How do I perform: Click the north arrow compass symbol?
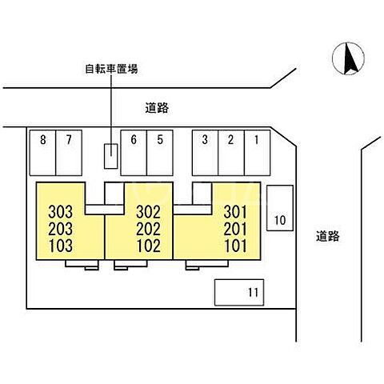coord(348,58)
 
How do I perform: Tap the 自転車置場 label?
coord(111,69)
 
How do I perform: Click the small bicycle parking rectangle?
coord(110,156)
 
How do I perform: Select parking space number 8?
coord(42,153)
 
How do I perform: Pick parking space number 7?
coord(69,153)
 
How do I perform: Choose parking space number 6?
coord(134,153)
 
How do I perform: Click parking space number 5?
coord(160,153)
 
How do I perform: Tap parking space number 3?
coord(205,153)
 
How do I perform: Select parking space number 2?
coord(231,153)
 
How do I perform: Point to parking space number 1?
coord(257,153)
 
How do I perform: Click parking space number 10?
coord(280,208)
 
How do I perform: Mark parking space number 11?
coord(239,292)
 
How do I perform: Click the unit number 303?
coord(61,212)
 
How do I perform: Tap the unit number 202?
coord(149,229)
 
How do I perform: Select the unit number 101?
coord(235,246)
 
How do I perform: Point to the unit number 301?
coord(235,212)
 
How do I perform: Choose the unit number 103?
coord(61,246)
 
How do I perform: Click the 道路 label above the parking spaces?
coord(157,108)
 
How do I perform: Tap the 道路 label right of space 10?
coord(328,236)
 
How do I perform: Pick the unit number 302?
coord(149,212)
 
